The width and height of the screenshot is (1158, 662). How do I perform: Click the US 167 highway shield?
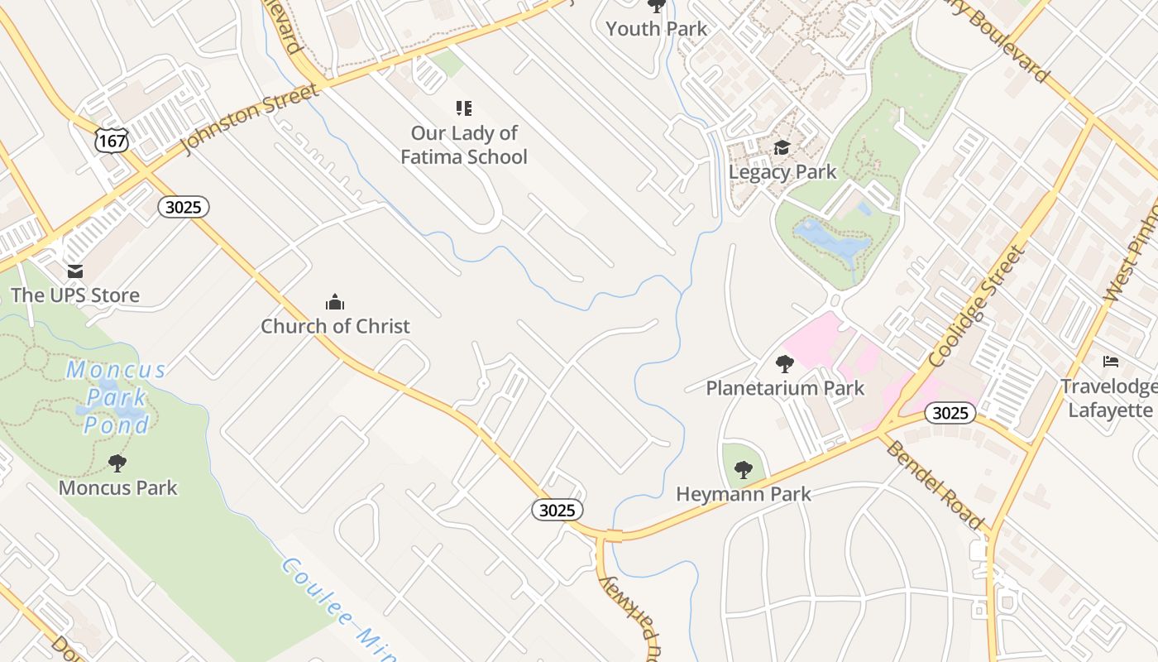[111, 140]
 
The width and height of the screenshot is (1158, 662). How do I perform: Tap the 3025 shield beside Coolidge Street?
[950, 412]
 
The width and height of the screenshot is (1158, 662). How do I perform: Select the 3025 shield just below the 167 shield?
[183, 207]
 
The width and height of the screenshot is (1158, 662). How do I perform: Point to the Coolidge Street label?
[976, 306]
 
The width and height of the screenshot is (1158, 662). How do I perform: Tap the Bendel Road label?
[935, 484]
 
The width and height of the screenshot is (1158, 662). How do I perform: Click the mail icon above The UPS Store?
[75, 271]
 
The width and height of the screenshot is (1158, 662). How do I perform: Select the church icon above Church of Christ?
[335, 302]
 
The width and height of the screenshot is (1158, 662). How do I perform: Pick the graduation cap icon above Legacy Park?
[782, 148]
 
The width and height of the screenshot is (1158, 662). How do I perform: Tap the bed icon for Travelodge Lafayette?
[1110, 362]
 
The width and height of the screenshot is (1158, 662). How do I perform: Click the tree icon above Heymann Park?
[744, 470]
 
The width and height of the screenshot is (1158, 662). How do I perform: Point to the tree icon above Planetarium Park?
[785, 363]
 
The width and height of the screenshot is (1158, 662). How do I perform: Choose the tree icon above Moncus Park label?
[117, 463]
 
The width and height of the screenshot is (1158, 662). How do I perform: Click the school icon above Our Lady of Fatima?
[464, 108]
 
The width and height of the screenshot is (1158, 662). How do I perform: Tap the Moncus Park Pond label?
[117, 397]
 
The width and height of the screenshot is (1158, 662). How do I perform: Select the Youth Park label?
[657, 29]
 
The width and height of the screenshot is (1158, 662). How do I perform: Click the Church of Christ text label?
[335, 326]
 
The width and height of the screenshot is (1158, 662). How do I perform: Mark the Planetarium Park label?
[785, 387]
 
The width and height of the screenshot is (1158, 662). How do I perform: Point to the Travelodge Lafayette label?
[1108, 398]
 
